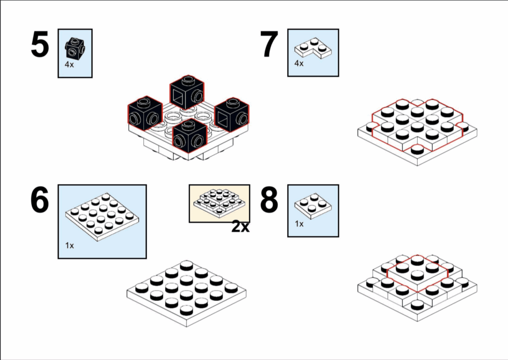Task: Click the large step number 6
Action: pyautogui.click(x=40, y=201)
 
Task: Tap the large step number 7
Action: pyautogui.click(x=269, y=45)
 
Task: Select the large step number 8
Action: pyautogui.click(x=269, y=201)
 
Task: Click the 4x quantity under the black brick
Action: pyautogui.click(x=69, y=65)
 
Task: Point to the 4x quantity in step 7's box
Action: pyautogui.click(x=299, y=64)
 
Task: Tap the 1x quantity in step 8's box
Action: pyautogui.click(x=299, y=224)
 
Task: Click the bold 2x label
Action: pyautogui.click(x=240, y=227)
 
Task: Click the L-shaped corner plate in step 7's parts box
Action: pyautogui.click(x=313, y=48)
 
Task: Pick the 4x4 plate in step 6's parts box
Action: pyautogui.click(x=102, y=216)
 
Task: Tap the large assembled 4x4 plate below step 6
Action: pyautogui.click(x=186, y=293)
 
